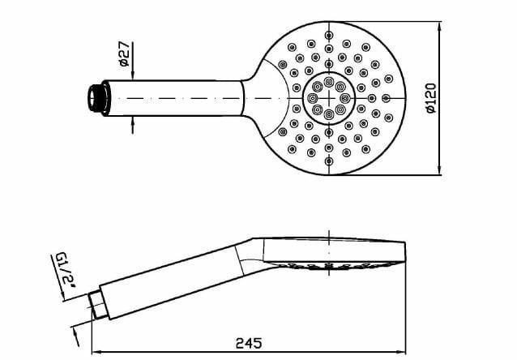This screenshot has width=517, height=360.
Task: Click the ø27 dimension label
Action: (124, 54)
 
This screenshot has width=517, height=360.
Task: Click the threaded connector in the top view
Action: (96, 97)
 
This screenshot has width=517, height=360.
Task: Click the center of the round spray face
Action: (329, 98)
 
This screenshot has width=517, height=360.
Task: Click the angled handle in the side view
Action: (170, 274)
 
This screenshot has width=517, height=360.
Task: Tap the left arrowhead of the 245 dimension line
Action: (95, 352)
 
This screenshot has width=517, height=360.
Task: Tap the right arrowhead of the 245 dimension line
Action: (399, 352)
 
